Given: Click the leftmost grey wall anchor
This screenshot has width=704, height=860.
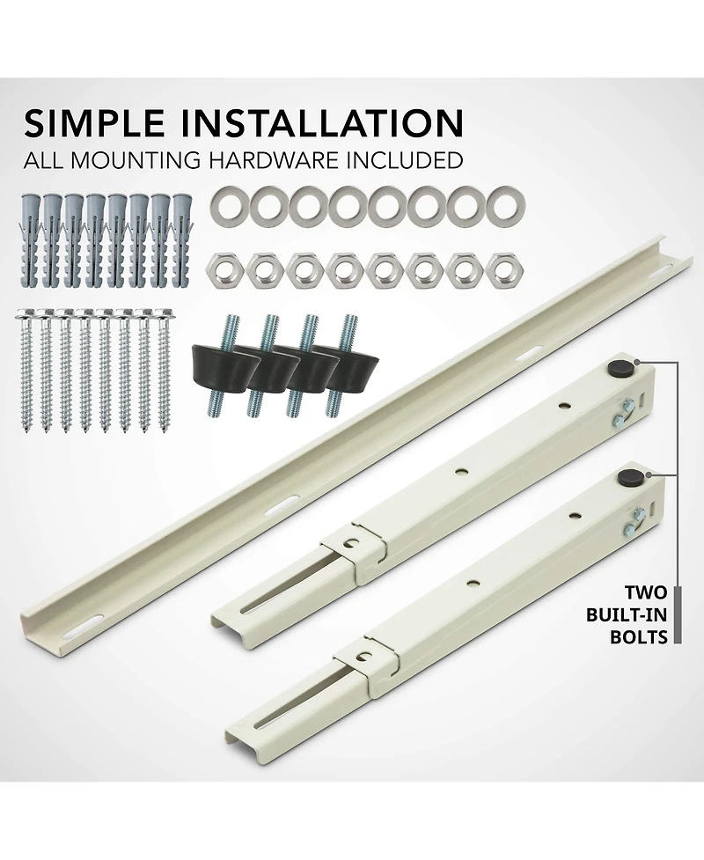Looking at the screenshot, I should (27, 238).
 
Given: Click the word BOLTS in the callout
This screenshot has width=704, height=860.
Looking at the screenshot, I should (639, 636).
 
